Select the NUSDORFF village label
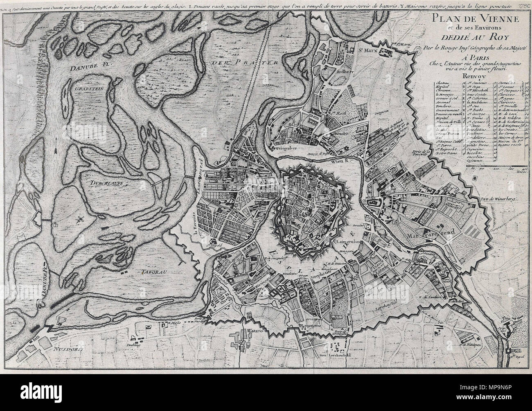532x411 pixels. point(68,350)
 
